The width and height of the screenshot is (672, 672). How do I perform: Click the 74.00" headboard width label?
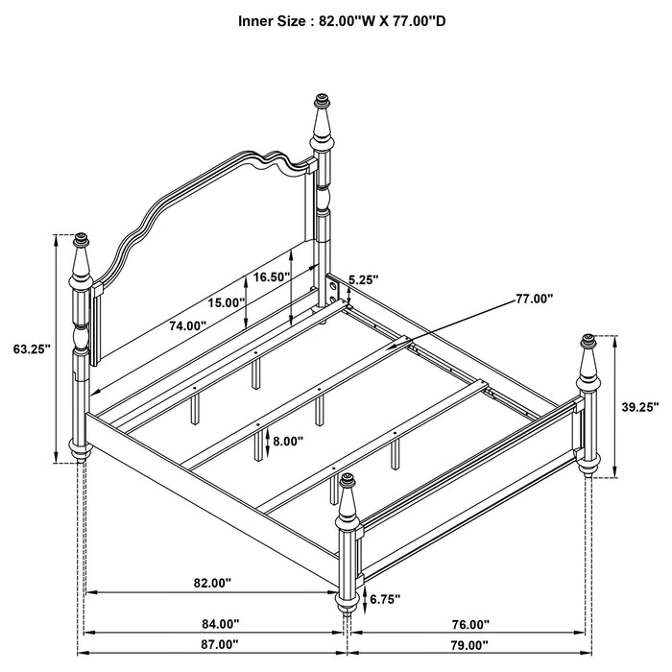tap(187, 325)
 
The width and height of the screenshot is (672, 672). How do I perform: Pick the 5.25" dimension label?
tap(363, 279)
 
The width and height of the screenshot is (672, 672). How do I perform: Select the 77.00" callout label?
tap(535, 299)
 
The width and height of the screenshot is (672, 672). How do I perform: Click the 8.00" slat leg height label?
tap(288, 443)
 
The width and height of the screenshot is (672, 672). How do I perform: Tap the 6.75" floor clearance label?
tap(384, 599)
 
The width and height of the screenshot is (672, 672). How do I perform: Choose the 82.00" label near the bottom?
tap(212, 583)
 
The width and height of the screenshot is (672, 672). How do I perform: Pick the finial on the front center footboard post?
tap(346, 480)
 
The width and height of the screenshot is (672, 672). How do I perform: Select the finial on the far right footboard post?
tap(588, 340)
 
